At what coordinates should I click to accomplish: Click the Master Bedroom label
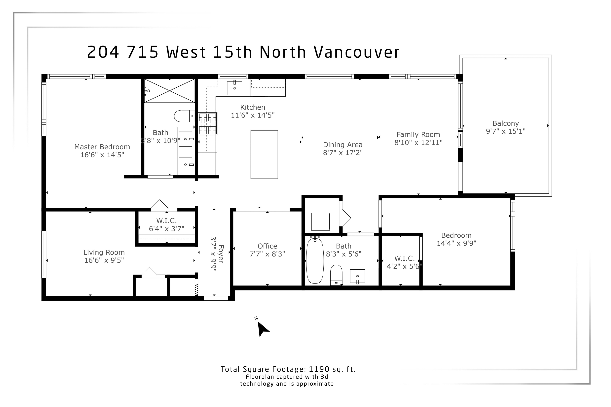coord(102,147)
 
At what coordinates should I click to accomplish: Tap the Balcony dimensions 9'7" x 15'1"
coord(506,131)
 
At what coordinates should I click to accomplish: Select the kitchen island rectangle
coord(264,154)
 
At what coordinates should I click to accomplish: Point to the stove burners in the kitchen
coord(208,124)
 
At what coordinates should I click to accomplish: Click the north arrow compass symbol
coord(262,328)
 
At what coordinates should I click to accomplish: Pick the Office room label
coord(267,246)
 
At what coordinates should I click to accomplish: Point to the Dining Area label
coord(342,145)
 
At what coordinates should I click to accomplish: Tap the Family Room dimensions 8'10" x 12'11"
coord(418,143)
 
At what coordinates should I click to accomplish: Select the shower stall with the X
coord(169,91)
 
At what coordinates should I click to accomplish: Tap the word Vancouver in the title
coord(357,52)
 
